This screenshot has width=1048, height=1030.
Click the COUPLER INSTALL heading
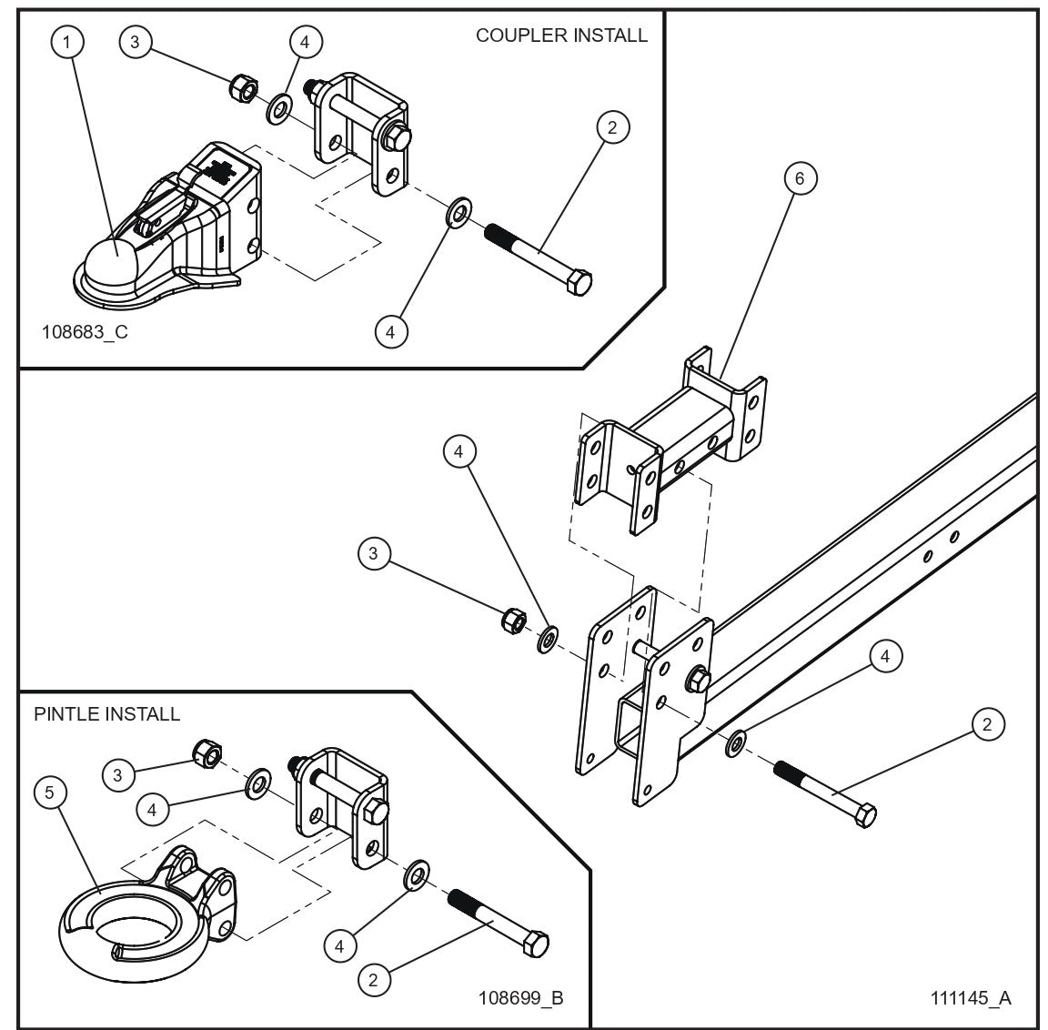pos(561,35)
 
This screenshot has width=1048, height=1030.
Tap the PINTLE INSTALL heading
pos(106,713)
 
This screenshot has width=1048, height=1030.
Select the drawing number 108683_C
pos(85,331)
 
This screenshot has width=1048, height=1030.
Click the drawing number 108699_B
pos(520,997)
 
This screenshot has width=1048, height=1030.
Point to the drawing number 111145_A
pos(970,997)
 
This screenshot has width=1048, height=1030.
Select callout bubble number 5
pos(50,793)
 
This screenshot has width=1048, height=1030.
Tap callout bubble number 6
pos(800,178)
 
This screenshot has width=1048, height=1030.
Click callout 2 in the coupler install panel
pos(612,127)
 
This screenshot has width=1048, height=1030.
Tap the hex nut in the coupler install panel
pos(241,88)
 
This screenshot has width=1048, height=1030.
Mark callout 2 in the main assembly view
pos(987,725)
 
